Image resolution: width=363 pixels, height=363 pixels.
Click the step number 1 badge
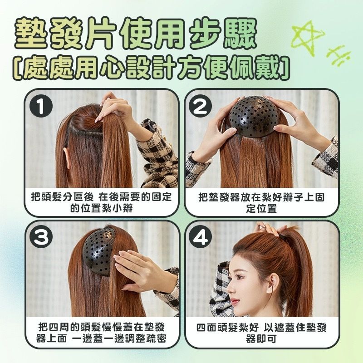41,106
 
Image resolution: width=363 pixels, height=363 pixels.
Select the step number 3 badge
41,237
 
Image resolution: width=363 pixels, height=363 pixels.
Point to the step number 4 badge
200,237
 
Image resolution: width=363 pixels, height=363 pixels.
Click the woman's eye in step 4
239,277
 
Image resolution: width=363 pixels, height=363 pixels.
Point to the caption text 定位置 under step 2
261,209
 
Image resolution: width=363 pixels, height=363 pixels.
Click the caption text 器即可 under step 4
261,339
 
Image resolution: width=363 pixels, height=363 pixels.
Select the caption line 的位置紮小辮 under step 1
102,209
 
